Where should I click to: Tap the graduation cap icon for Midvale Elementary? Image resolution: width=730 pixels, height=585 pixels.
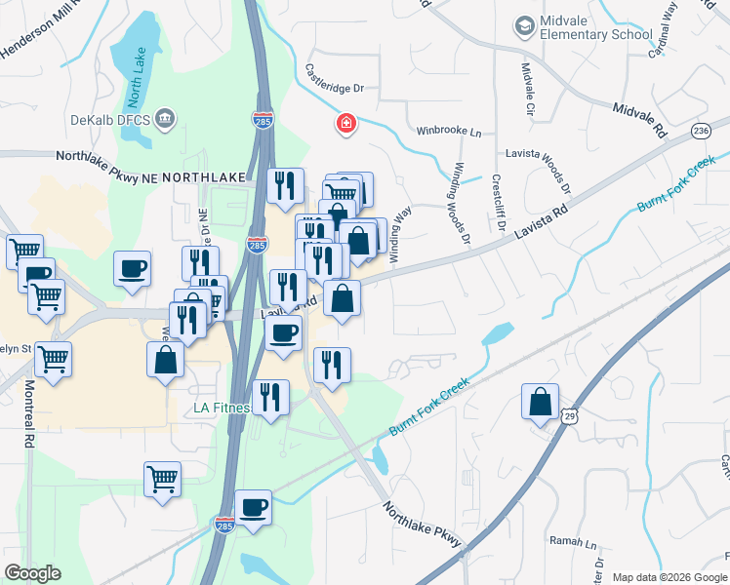525,22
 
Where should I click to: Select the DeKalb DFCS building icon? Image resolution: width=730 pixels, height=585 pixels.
166,119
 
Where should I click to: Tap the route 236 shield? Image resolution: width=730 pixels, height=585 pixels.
700,131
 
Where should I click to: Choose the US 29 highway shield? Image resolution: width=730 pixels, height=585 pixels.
570,416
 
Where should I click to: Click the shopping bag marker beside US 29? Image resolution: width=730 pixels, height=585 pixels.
540,402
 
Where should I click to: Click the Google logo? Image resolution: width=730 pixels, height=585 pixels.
32,573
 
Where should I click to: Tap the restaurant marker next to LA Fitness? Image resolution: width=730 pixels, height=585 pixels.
270,398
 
